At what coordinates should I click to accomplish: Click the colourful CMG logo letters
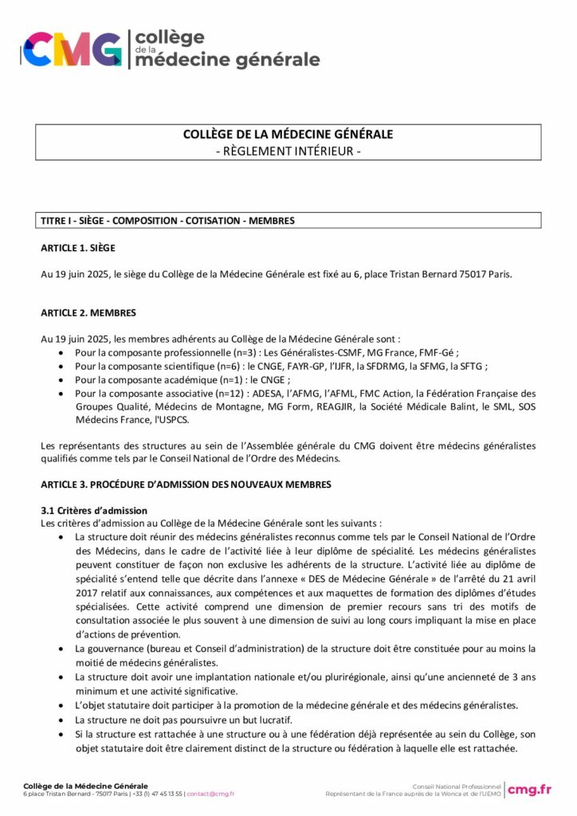(72, 49)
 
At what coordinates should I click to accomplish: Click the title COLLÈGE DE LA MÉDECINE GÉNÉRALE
(288, 135)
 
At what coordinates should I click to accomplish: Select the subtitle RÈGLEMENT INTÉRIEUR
(288, 151)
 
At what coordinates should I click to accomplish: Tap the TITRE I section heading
(167, 220)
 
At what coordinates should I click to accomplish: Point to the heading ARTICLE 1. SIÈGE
(78, 248)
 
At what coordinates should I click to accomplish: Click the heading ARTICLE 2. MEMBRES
(88, 312)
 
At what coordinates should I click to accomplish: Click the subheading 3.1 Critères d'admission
(94, 510)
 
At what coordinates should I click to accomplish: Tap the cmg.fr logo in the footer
(530, 789)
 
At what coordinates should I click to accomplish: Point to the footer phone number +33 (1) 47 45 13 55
(157, 794)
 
